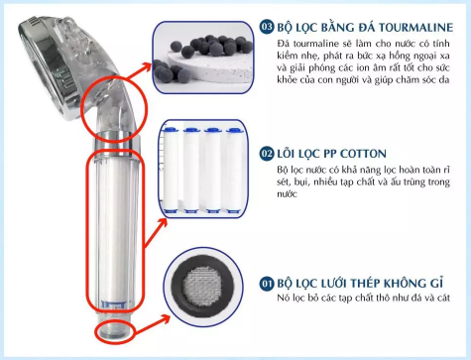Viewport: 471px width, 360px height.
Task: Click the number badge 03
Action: [267, 27]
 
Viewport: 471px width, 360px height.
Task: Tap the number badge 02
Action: [267, 154]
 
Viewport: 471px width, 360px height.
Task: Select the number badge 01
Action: [267, 284]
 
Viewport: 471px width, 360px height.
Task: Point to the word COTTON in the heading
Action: [363, 154]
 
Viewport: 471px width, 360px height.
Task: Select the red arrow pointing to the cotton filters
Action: [156, 232]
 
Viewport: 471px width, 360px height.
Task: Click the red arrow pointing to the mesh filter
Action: [153, 324]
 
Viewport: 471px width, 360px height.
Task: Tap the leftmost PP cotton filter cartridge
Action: [172, 170]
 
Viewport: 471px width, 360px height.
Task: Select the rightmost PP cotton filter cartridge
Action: [235, 170]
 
